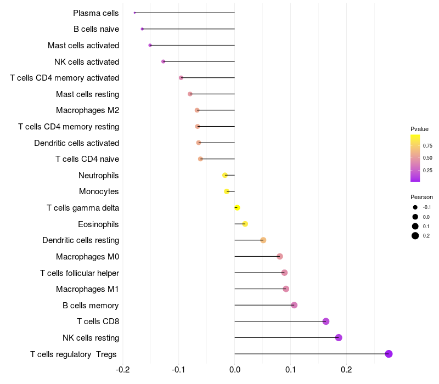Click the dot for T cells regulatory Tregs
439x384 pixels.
389,354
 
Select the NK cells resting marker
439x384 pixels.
339,337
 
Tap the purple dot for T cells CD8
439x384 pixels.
326,321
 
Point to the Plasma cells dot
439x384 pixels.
134,13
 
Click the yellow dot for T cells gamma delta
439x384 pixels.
237,208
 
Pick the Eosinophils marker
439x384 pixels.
245,224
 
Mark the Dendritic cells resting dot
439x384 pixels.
263,240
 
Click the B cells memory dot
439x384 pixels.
294,305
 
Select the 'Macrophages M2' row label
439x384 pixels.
87,110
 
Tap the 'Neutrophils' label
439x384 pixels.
99,176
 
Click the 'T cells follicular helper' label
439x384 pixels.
80,273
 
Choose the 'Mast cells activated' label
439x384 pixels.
83,45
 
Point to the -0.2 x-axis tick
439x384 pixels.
123,370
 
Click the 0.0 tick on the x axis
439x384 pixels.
234,370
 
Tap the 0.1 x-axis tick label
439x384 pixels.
290,370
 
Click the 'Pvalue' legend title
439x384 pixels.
419,129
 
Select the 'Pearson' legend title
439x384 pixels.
421,197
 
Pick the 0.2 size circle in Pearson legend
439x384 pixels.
415,236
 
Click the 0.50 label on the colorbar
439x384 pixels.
427,158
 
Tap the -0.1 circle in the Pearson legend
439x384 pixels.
415,207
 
